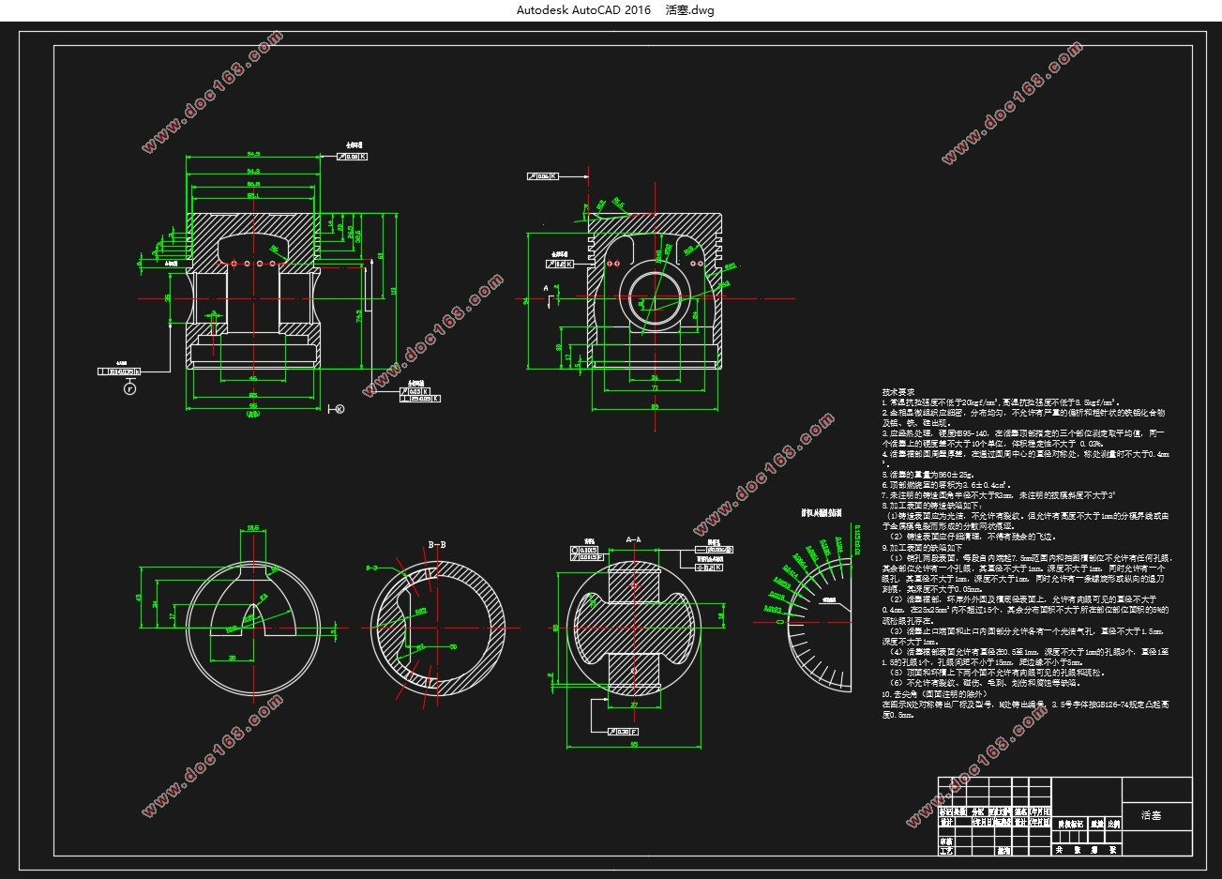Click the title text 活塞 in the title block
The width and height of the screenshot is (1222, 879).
(1151, 815)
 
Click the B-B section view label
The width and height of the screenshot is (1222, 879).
(437, 544)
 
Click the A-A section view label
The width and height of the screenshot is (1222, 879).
(633, 540)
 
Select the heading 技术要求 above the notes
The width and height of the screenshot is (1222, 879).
(898, 392)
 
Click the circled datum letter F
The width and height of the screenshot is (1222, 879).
(129, 388)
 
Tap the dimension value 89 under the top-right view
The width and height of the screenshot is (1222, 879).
(655, 405)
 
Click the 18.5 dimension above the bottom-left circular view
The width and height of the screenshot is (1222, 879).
(252, 527)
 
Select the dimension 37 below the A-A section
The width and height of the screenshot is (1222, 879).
(634, 704)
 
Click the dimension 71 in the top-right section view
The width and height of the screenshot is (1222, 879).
(655, 386)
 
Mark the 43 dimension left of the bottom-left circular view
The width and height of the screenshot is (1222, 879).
(139, 598)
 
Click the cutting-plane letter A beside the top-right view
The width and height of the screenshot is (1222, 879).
(545, 285)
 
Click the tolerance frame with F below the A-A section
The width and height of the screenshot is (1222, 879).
(623, 731)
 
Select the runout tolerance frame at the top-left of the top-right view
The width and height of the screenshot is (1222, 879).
(543, 175)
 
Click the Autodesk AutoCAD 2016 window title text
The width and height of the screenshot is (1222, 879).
(583, 10)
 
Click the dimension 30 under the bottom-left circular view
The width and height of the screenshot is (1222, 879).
(232, 659)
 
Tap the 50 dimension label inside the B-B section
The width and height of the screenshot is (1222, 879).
(454, 646)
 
